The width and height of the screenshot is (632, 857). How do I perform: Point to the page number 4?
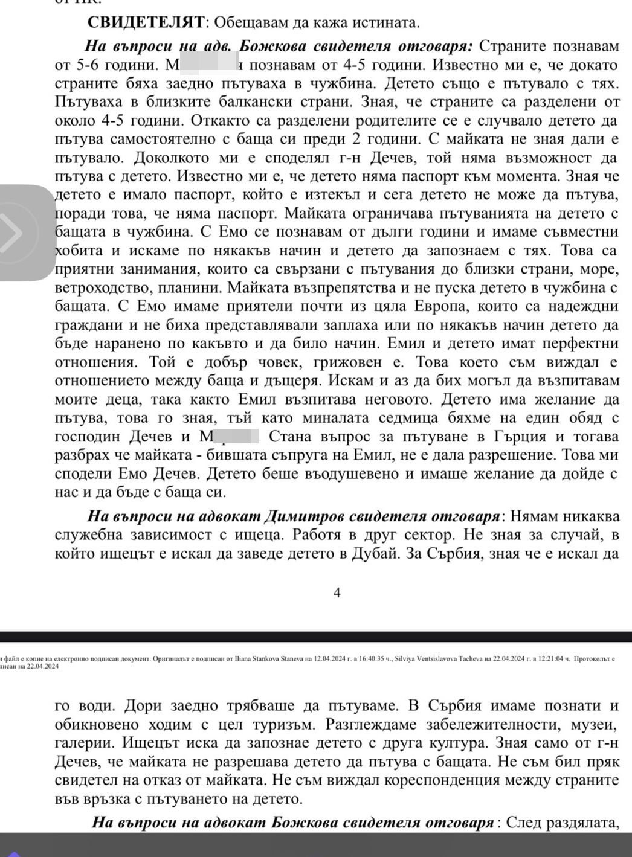(x=337, y=592)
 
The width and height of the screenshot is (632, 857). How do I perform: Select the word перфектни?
(x=576, y=344)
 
